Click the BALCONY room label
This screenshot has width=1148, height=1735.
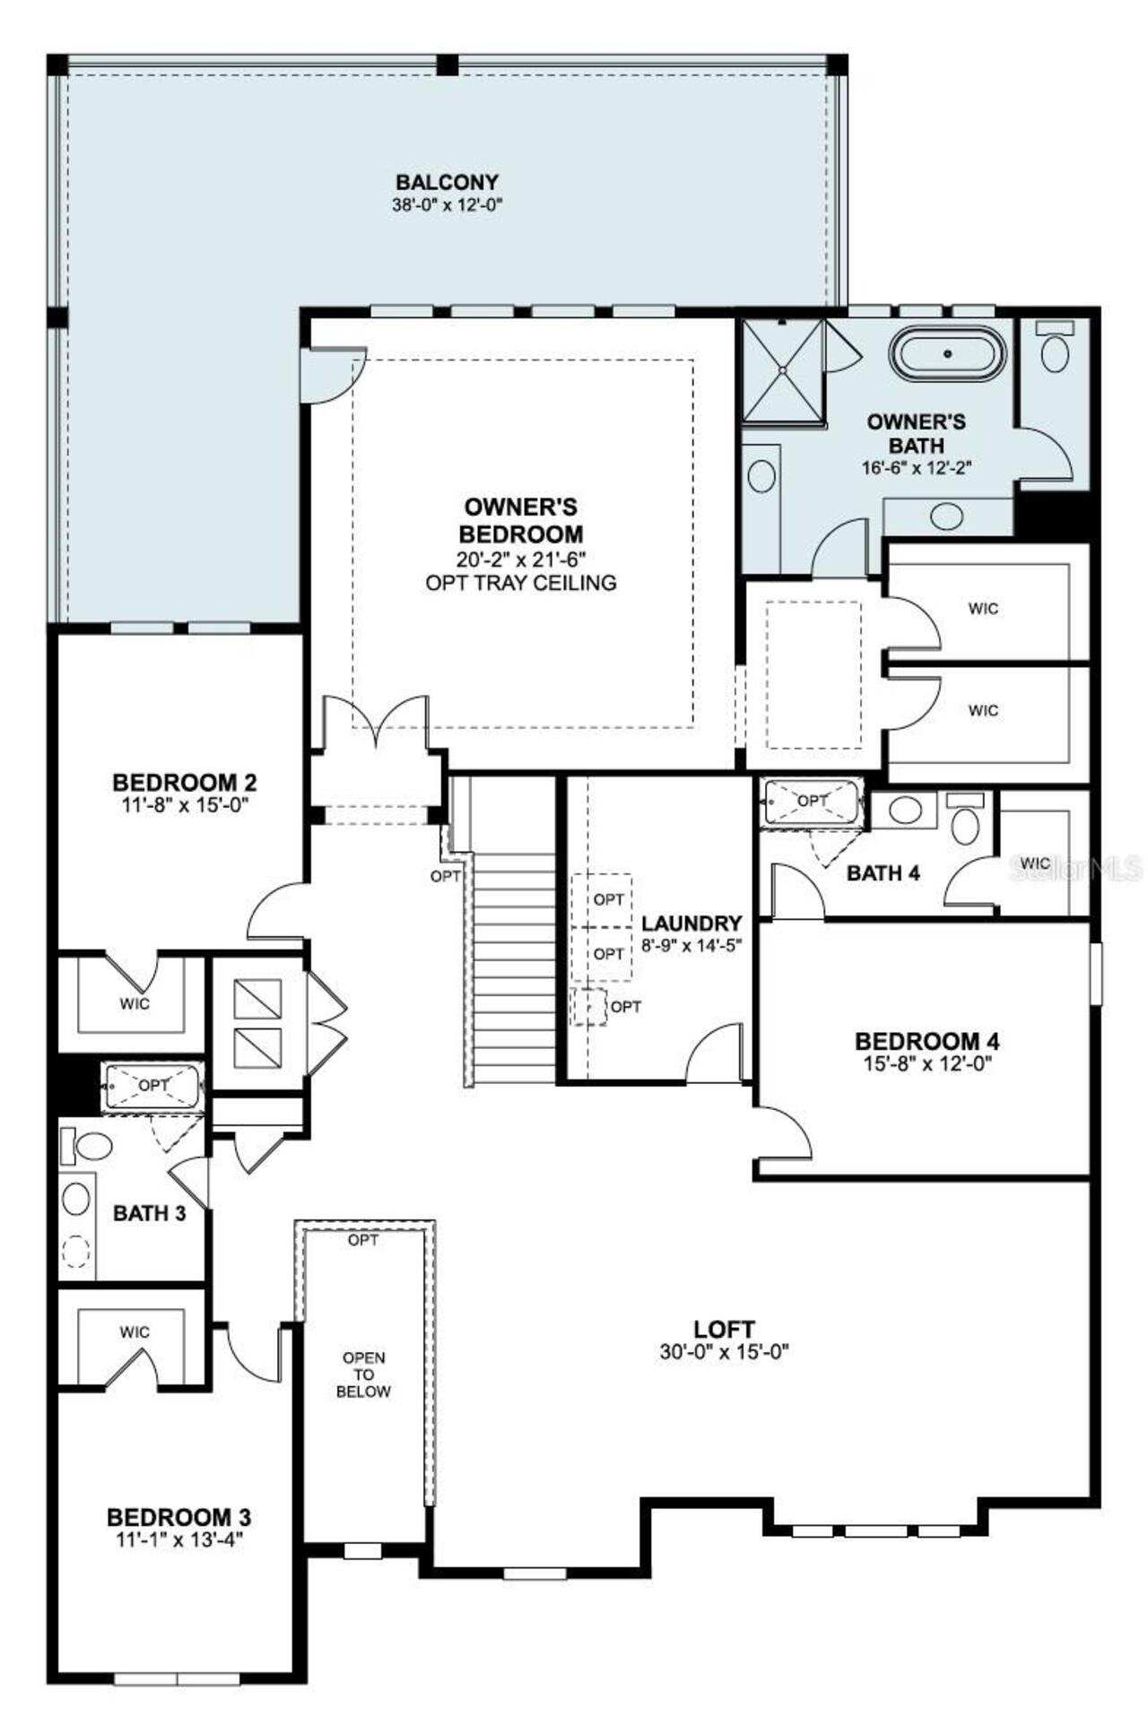(x=447, y=182)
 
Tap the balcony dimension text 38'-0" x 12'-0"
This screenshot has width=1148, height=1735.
(x=447, y=204)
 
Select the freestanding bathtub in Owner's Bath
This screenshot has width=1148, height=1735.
(x=947, y=354)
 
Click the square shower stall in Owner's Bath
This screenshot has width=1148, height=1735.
(x=783, y=369)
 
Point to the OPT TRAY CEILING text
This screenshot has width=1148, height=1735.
(x=520, y=583)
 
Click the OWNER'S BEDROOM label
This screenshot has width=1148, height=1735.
(x=520, y=521)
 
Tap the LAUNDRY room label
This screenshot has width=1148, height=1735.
(x=691, y=924)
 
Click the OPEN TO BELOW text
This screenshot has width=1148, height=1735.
(x=363, y=1375)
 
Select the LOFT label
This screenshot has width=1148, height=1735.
(x=724, y=1329)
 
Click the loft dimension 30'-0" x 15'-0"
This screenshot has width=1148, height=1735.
(x=724, y=1352)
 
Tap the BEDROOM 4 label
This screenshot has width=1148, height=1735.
(x=926, y=1042)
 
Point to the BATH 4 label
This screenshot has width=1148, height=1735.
(x=883, y=872)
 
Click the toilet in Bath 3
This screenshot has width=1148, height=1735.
(x=91, y=1145)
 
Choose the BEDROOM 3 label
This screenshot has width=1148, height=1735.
(x=178, y=1517)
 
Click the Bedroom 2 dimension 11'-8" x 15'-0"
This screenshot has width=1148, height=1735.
(x=184, y=805)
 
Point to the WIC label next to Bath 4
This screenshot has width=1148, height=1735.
(x=1035, y=863)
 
